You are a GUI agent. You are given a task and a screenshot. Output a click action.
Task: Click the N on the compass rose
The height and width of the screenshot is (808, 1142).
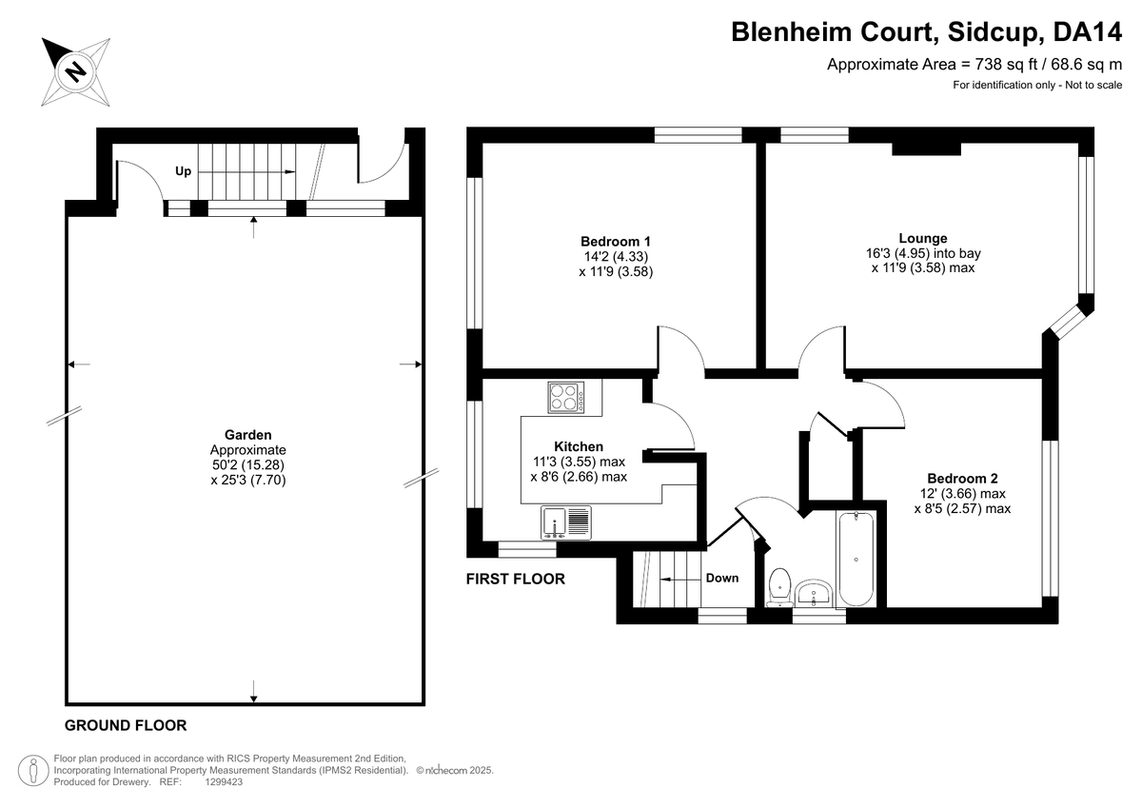click(x=76, y=71)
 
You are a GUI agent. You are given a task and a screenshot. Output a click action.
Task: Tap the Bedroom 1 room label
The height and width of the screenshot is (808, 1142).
click(x=616, y=241)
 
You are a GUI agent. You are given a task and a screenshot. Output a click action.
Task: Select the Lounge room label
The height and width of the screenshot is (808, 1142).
click(x=923, y=238)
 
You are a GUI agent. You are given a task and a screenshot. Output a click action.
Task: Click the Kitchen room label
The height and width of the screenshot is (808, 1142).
click(x=579, y=446)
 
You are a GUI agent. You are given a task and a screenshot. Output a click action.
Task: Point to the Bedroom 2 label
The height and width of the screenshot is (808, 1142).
click(x=962, y=478)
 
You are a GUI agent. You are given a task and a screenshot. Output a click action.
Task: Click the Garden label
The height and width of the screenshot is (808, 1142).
click(x=248, y=435)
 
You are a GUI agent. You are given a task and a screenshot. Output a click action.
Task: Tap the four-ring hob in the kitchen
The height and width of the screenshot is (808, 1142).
click(x=566, y=398)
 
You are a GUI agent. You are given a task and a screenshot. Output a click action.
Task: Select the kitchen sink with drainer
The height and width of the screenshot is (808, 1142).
click(x=566, y=522)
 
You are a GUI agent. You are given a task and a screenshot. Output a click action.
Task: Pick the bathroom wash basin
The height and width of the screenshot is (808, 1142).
click(x=814, y=593)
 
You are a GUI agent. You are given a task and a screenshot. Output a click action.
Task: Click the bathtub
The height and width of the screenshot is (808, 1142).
click(x=856, y=560)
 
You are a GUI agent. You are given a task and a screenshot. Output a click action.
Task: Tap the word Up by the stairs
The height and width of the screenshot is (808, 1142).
click(x=183, y=171)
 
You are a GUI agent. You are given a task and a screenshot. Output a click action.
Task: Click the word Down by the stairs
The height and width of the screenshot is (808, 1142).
click(x=722, y=578)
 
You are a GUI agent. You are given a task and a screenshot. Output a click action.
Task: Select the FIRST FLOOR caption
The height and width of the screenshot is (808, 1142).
click(x=516, y=579)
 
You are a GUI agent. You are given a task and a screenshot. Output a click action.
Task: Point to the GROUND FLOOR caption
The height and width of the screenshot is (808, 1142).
click(x=126, y=725)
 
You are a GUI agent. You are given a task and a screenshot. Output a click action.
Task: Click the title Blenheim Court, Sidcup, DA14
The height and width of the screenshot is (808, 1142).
click(x=926, y=32)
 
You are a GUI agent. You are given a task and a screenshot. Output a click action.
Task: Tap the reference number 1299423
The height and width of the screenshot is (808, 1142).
click(x=224, y=782)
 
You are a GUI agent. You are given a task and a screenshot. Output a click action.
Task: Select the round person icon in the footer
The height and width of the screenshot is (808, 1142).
click(x=33, y=770)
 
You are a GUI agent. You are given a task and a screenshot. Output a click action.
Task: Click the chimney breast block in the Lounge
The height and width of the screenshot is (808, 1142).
click(x=926, y=148)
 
